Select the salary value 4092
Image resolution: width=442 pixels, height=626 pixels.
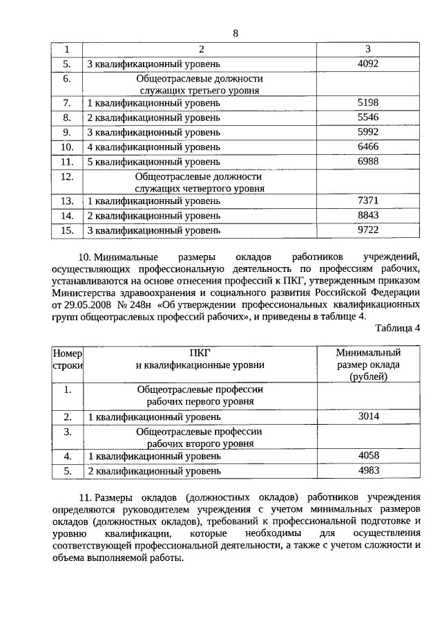point(368,64)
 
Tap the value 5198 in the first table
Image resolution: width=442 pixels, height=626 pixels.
point(368,103)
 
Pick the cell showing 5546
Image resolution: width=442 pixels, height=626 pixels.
point(368,118)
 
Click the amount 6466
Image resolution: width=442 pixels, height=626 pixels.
point(368,147)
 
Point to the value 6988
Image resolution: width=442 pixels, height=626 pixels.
point(368,161)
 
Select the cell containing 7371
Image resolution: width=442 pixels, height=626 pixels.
point(368,201)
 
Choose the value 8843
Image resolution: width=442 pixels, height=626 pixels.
point(368,215)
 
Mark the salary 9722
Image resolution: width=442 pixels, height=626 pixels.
point(368,230)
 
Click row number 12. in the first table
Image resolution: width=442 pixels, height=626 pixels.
point(67,176)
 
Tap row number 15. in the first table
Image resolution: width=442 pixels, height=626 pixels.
point(67,230)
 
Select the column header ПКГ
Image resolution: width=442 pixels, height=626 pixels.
point(200,353)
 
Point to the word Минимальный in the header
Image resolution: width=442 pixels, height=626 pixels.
point(368,353)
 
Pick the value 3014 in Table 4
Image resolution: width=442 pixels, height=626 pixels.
point(368,416)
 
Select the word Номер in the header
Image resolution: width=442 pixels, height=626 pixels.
point(67,353)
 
